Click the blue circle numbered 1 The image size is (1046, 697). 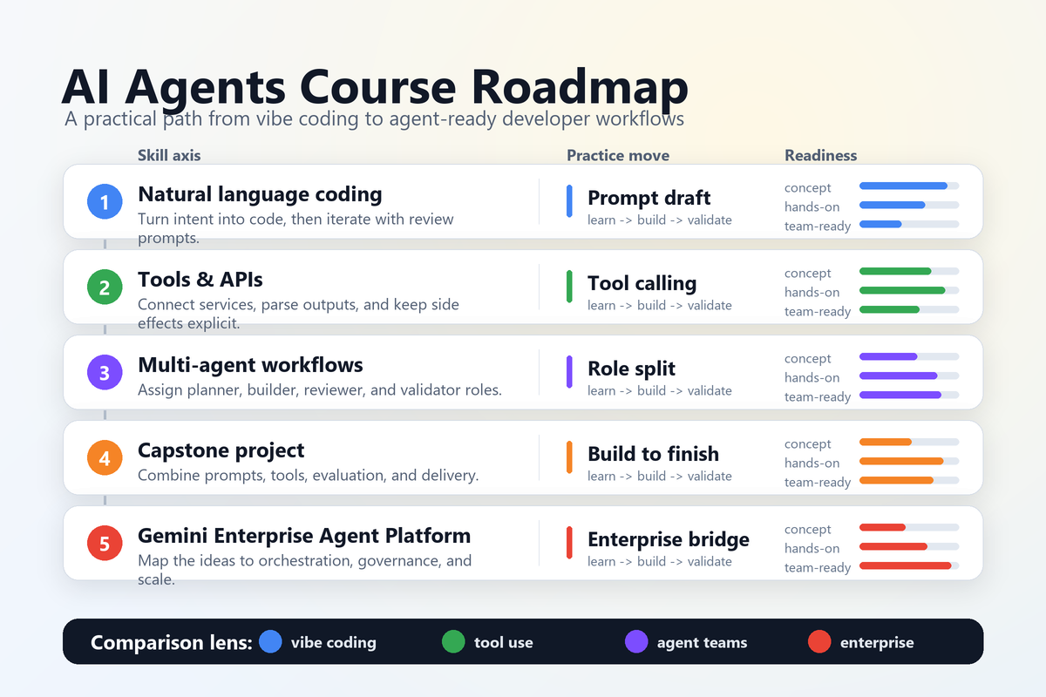pos(105,203)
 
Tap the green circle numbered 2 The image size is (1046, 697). pos(105,288)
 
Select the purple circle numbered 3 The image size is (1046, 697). pos(105,374)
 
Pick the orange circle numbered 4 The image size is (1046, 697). pos(105,459)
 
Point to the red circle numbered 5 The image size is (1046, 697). pos(105,545)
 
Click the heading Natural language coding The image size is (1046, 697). pos(260,194)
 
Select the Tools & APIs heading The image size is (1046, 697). pos(200,280)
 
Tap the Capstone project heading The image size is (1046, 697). pos(221,450)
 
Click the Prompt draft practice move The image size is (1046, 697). pos(649,199)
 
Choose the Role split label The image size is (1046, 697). pos(632,369)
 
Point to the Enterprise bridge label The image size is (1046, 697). pos(669,540)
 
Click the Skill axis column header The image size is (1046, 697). pos(169,156)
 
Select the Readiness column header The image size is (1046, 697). pos(821,156)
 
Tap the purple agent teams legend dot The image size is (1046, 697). pos(636,642)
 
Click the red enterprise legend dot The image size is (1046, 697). pos(819,642)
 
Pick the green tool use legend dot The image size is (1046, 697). pos(453,642)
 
